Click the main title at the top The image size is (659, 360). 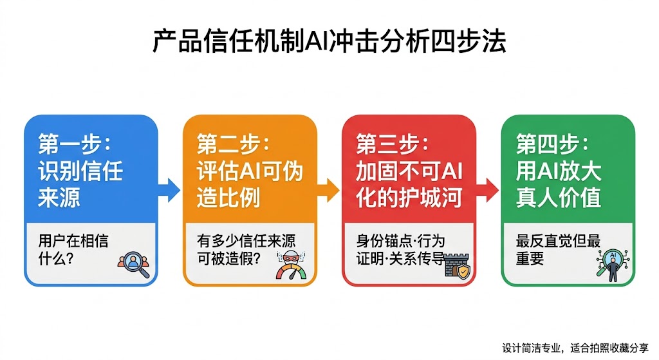click(x=329, y=41)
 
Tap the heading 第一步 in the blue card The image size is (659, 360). click(x=75, y=144)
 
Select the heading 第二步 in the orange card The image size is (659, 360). click(x=233, y=144)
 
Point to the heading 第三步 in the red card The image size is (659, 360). click(x=393, y=144)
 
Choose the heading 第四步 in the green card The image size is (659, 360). click(x=552, y=144)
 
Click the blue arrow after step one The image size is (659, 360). click(x=169, y=190)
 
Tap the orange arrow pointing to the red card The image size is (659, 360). click(x=328, y=190)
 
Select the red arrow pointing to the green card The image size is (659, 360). click(x=488, y=190)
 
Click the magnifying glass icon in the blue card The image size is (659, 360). click(x=134, y=265)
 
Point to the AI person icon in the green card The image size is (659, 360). click(x=613, y=265)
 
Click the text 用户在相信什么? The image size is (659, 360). click(x=73, y=249)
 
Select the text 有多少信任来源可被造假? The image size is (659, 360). click(x=246, y=249)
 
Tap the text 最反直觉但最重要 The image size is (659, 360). click(x=558, y=249)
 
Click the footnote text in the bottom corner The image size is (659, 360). click(x=575, y=348)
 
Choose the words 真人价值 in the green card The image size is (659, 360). click(x=559, y=198)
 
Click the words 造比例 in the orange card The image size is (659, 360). click(x=228, y=198)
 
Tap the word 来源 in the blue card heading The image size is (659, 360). click(x=59, y=198)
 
